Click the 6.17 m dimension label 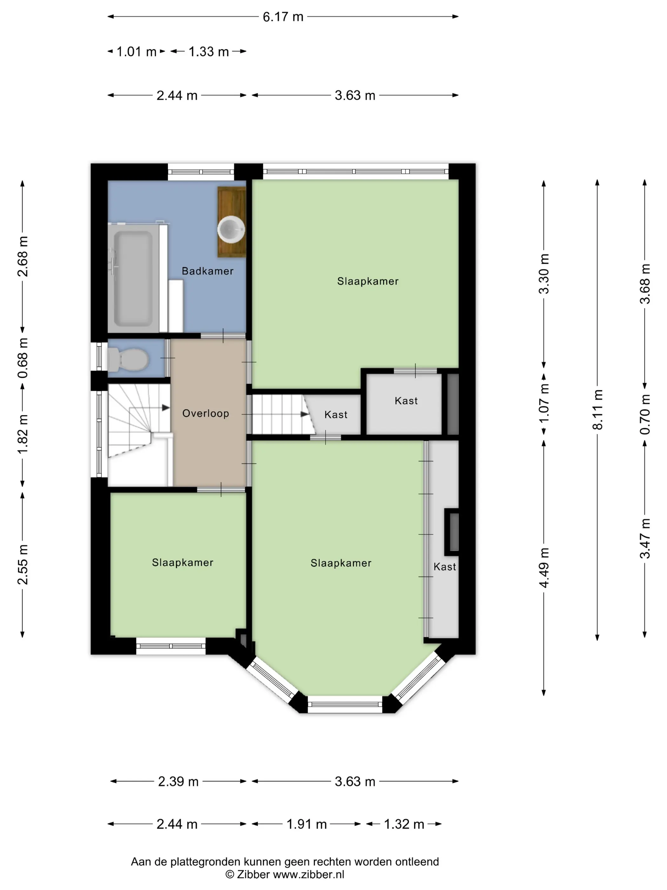283,17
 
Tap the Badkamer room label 207,271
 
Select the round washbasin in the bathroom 231,229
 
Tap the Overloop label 205,413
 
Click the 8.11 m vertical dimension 597,409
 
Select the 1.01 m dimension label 136,51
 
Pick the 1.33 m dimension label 208,51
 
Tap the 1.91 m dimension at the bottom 307,825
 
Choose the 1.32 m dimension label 404,825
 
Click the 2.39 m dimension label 178,781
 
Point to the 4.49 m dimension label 544,568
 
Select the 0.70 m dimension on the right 645,414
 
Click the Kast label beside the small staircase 336,414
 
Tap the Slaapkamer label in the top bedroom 368,281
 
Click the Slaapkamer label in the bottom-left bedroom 183,563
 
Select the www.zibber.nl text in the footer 308,874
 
